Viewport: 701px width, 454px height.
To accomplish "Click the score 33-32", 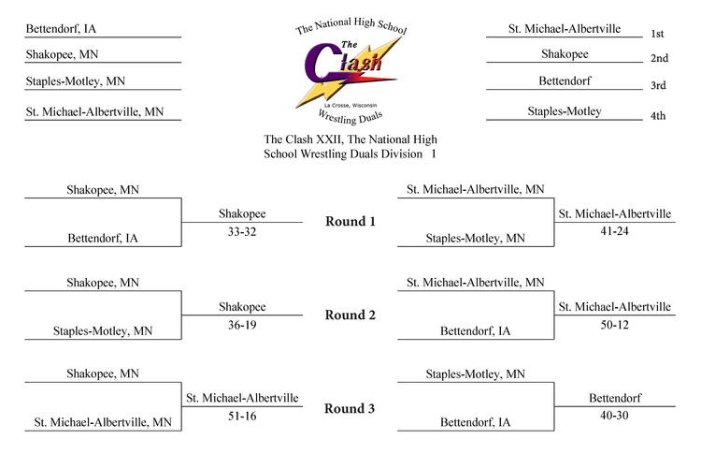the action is (x=242, y=232).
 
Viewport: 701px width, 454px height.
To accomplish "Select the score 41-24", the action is (x=614, y=231).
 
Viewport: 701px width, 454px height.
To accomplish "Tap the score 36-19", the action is (x=242, y=325).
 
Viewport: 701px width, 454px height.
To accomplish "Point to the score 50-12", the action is (x=614, y=325).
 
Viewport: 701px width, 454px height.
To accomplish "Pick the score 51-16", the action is (x=242, y=416).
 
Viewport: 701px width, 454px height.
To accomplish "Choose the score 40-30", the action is (x=614, y=416).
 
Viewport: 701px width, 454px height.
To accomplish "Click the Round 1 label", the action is (x=350, y=222).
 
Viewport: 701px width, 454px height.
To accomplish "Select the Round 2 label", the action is (x=350, y=315).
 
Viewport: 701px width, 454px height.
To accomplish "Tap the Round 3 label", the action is (x=350, y=409).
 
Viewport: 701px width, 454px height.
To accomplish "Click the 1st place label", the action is (x=657, y=34).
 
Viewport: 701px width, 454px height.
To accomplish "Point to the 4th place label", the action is (x=658, y=116).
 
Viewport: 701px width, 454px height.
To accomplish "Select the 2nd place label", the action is (x=660, y=58).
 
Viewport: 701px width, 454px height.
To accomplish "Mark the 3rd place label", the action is (x=658, y=85).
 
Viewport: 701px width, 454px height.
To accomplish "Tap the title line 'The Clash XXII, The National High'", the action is (x=350, y=139).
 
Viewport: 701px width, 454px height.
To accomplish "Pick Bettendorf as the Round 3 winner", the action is (x=615, y=398).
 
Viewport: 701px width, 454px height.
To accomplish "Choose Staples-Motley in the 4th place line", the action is (x=565, y=111).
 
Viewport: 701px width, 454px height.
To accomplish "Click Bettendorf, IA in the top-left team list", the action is (x=61, y=29).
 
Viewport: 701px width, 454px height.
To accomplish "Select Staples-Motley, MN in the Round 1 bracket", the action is (x=475, y=238).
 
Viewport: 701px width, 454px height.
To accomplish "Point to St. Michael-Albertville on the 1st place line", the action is (x=565, y=29).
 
